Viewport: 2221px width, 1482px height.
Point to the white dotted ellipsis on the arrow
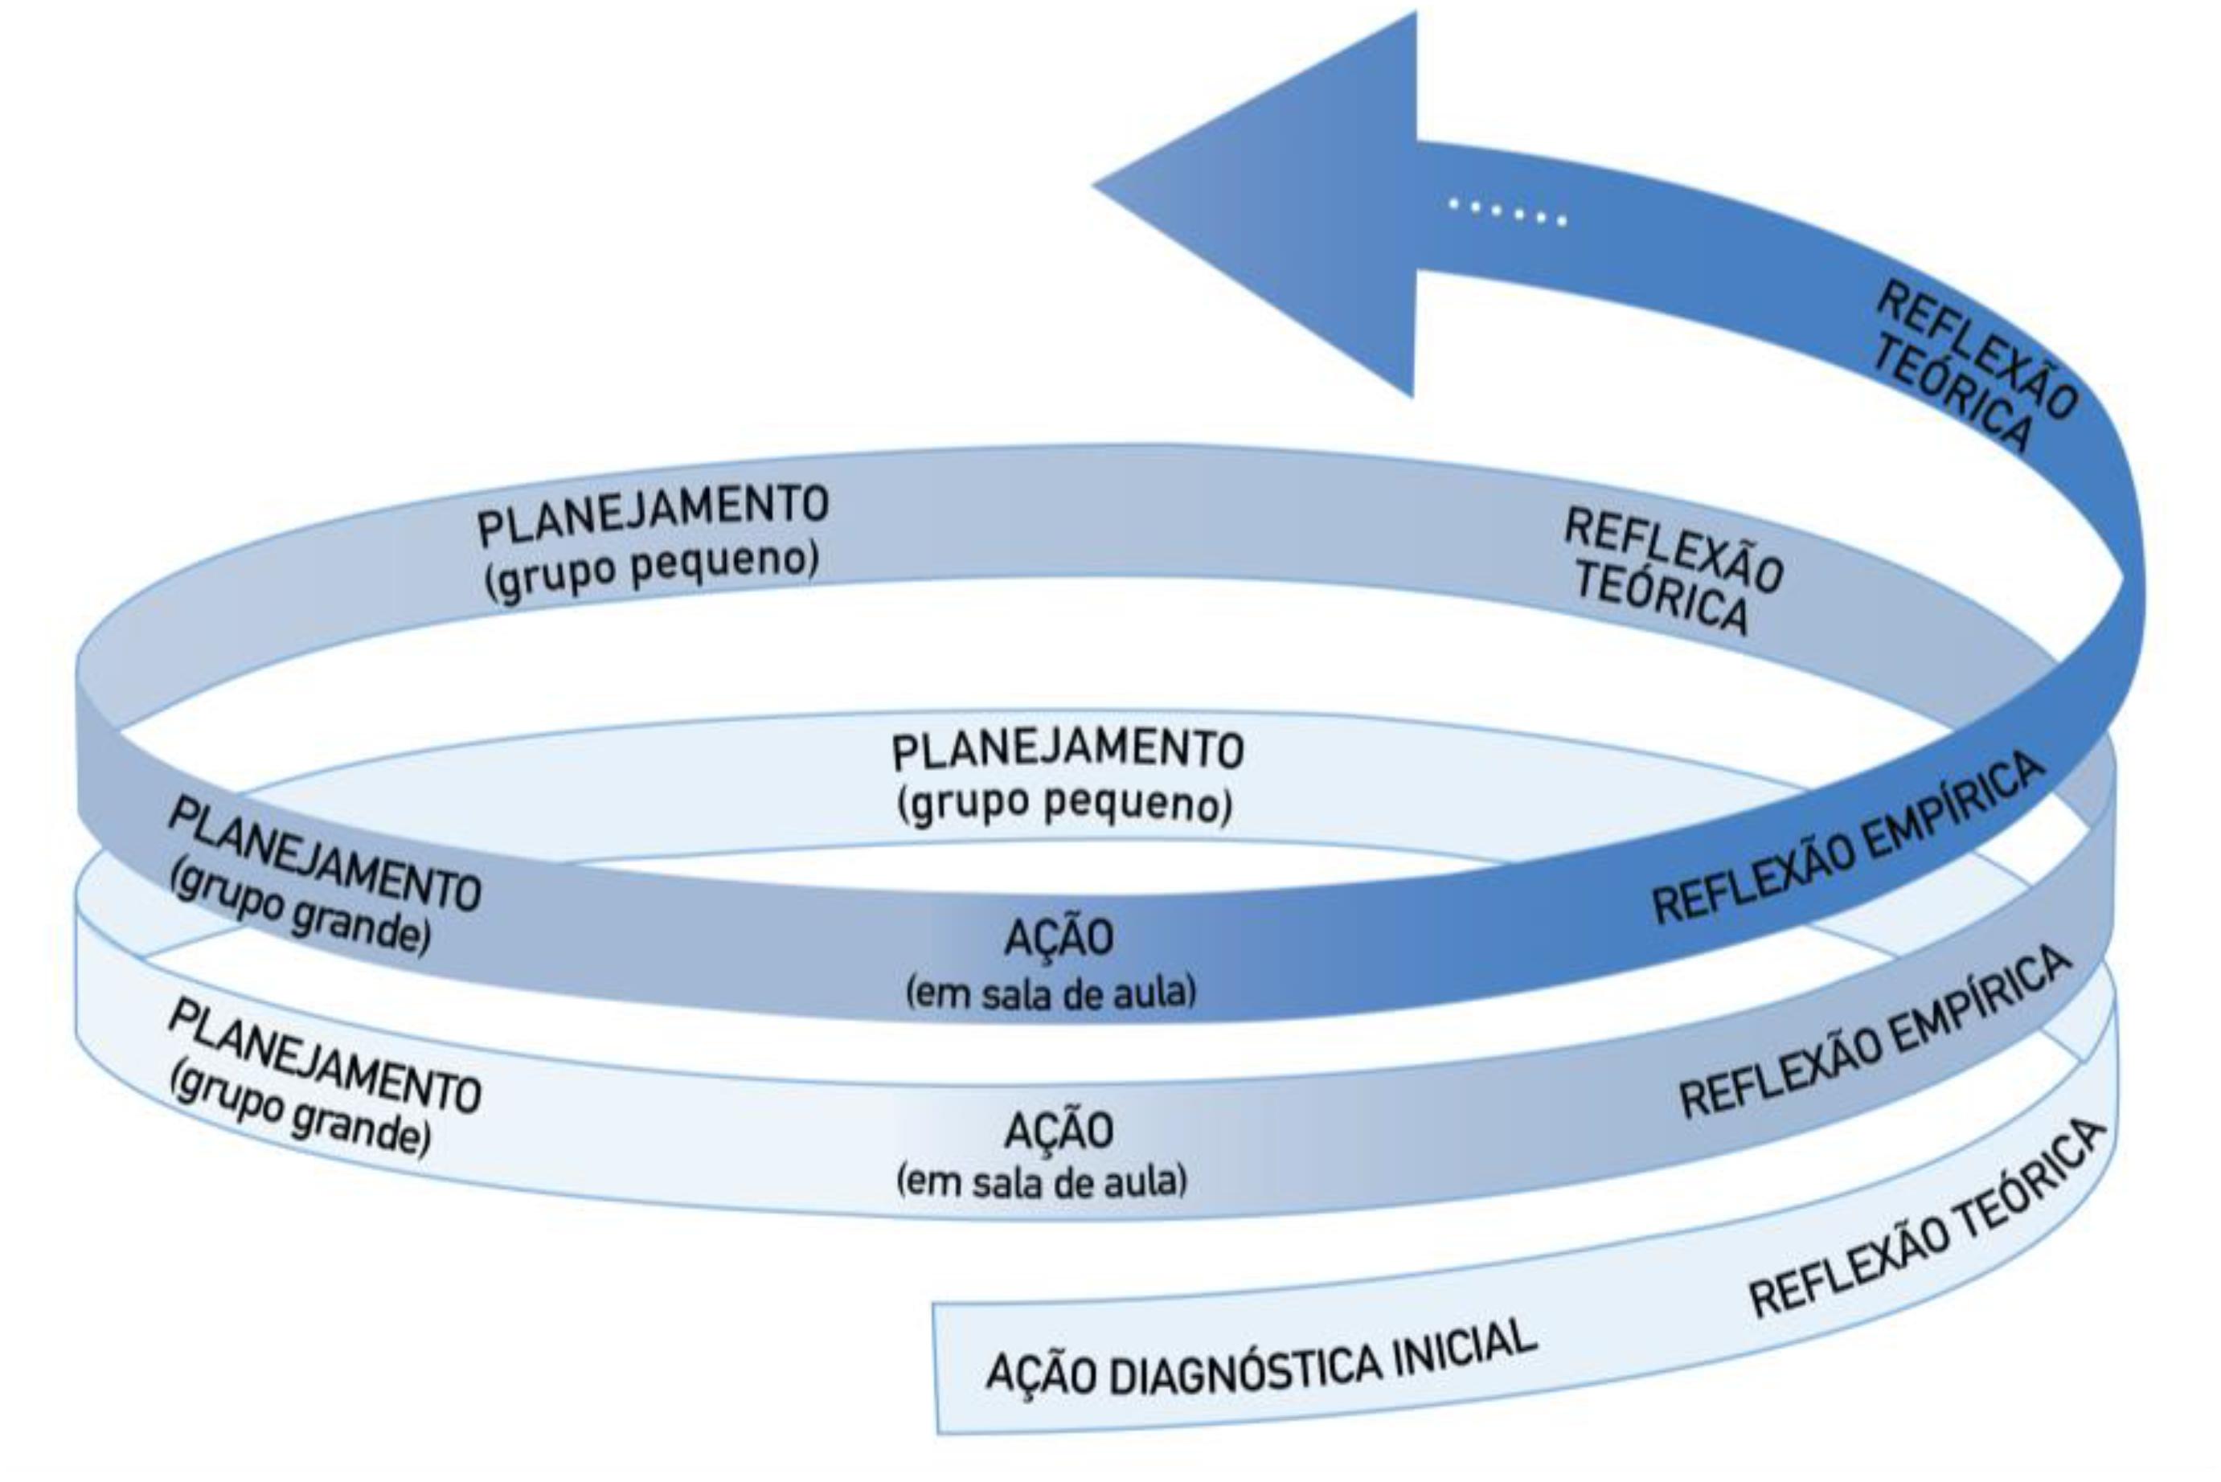[x=1507, y=213]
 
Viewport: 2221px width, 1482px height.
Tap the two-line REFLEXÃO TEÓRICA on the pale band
[x=1668, y=571]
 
